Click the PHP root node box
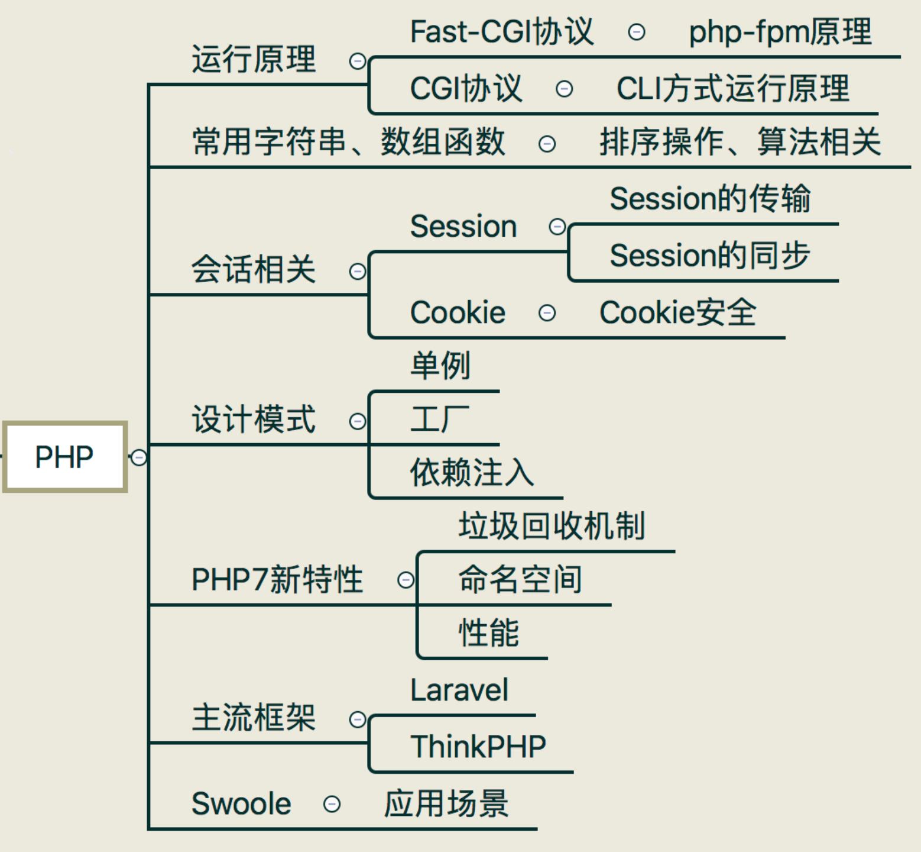65,457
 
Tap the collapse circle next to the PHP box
139,457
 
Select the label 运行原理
254,59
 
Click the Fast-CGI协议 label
502,31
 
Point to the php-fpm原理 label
780,32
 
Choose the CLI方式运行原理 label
733,89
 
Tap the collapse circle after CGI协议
565,89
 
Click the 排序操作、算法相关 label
740,142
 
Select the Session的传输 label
710,198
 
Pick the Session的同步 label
710,255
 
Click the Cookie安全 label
678,312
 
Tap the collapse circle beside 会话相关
358,272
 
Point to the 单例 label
440,365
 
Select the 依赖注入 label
472,472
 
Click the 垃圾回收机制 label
552,525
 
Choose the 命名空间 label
520,579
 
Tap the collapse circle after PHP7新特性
406,580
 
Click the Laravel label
459,690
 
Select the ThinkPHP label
478,746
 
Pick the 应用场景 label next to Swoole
446,803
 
